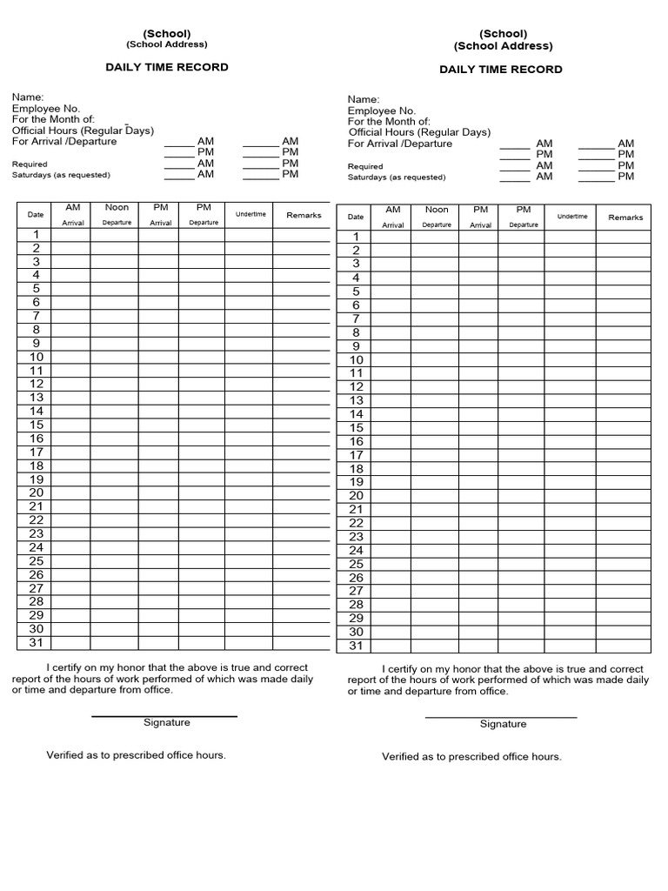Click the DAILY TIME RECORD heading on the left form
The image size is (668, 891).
[x=167, y=67]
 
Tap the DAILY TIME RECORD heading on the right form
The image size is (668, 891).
[x=500, y=70]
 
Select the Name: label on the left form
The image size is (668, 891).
[x=28, y=97]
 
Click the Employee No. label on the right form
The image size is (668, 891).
[x=382, y=111]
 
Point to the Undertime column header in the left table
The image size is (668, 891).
[x=250, y=214]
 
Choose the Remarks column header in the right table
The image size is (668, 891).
[x=625, y=218]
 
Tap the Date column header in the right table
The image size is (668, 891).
[x=356, y=218]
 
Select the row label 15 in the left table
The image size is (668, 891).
[x=37, y=425]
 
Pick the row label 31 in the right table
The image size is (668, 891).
[x=356, y=646]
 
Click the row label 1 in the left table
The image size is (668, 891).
[x=37, y=234]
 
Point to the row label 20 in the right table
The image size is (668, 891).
[x=356, y=496]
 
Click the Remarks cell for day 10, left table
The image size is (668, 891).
[x=302, y=357]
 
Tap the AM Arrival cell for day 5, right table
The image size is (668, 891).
[x=393, y=291]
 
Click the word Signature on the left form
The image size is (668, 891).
[x=166, y=722]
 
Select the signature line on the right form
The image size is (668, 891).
[x=501, y=718]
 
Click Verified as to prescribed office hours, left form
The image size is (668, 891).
[x=136, y=754]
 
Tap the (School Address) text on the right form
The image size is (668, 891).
[x=503, y=46]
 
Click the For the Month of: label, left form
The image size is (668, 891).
[x=53, y=119]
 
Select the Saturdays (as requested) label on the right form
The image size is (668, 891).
[x=396, y=178]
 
